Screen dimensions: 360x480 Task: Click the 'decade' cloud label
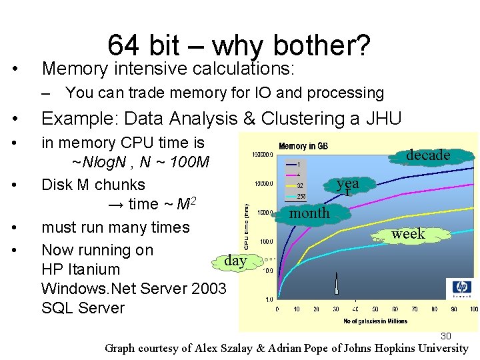pos(428,155)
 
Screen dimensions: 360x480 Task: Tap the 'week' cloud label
pos(408,233)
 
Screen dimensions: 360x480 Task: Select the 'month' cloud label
pos(309,213)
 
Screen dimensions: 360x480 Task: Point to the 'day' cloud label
pos(235,261)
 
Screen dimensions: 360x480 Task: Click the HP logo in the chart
pos(461,287)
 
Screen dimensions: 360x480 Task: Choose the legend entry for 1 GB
pos(300,164)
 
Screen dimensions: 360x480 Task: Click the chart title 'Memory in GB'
pos(303,146)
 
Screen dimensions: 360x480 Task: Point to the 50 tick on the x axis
pos(375,309)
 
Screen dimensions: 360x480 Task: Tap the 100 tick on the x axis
pos(473,309)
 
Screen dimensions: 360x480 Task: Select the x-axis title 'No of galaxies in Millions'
pos(375,321)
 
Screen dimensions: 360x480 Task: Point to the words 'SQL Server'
pos(83,308)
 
